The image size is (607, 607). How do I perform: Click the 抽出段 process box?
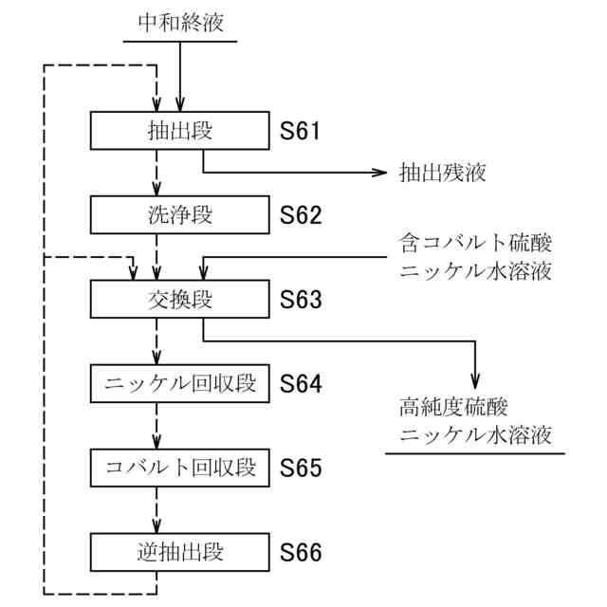[x=180, y=131]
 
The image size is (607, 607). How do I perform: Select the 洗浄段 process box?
[x=180, y=214]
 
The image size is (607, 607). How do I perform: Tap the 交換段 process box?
[x=180, y=300]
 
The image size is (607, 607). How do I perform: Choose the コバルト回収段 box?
[x=180, y=468]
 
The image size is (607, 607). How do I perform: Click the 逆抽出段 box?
[x=180, y=551]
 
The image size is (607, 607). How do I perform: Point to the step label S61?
[x=301, y=131]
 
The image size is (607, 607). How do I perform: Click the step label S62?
[x=301, y=215]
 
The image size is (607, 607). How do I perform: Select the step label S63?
[x=301, y=300]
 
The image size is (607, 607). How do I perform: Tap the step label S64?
[x=301, y=384]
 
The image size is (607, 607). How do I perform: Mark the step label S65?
[x=301, y=468]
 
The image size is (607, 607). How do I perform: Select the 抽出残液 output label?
[x=442, y=173]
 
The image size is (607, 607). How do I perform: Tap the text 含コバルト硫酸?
[x=474, y=244]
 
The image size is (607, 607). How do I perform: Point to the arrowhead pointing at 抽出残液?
[x=381, y=173]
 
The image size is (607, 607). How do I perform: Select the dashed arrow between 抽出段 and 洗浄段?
[x=157, y=173]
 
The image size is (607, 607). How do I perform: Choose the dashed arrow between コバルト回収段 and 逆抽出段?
[x=157, y=509]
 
